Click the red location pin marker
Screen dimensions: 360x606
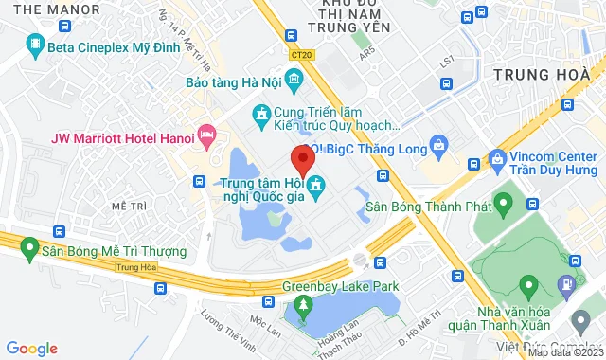[300, 158]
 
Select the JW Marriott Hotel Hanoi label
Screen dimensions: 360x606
[120, 135]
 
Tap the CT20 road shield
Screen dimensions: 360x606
[302, 56]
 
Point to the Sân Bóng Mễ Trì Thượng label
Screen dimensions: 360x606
[113, 253]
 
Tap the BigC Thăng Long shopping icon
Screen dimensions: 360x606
[438, 145]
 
